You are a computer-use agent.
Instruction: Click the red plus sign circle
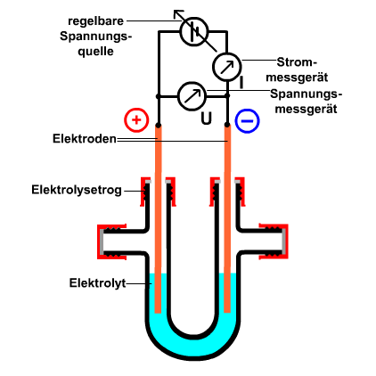point(136,119)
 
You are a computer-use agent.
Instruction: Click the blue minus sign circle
point(247,121)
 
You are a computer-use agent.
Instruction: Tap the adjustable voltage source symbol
point(194,31)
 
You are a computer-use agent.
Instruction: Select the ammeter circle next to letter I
point(226,67)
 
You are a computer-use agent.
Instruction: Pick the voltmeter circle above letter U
point(192,96)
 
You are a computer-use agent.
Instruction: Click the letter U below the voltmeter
point(207,119)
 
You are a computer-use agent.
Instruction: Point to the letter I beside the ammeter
point(241,82)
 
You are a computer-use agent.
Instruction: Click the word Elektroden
point(85,139)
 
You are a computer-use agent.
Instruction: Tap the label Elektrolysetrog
point(77,190)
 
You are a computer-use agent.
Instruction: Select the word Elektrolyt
point(98,283)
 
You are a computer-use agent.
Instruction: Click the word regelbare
point(95,21)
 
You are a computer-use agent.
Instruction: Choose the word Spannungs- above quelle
point(95,37)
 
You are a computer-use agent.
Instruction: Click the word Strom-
point(297,62)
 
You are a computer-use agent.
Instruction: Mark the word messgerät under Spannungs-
point(306,109)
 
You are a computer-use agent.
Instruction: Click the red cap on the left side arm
point(111,241)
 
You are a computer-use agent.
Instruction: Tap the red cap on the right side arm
point(274,241)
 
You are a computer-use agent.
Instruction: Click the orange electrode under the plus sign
point(159,219)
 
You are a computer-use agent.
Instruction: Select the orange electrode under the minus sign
point(227,218)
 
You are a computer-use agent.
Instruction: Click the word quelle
point(95,52)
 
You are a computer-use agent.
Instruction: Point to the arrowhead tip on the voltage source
point(174,11)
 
